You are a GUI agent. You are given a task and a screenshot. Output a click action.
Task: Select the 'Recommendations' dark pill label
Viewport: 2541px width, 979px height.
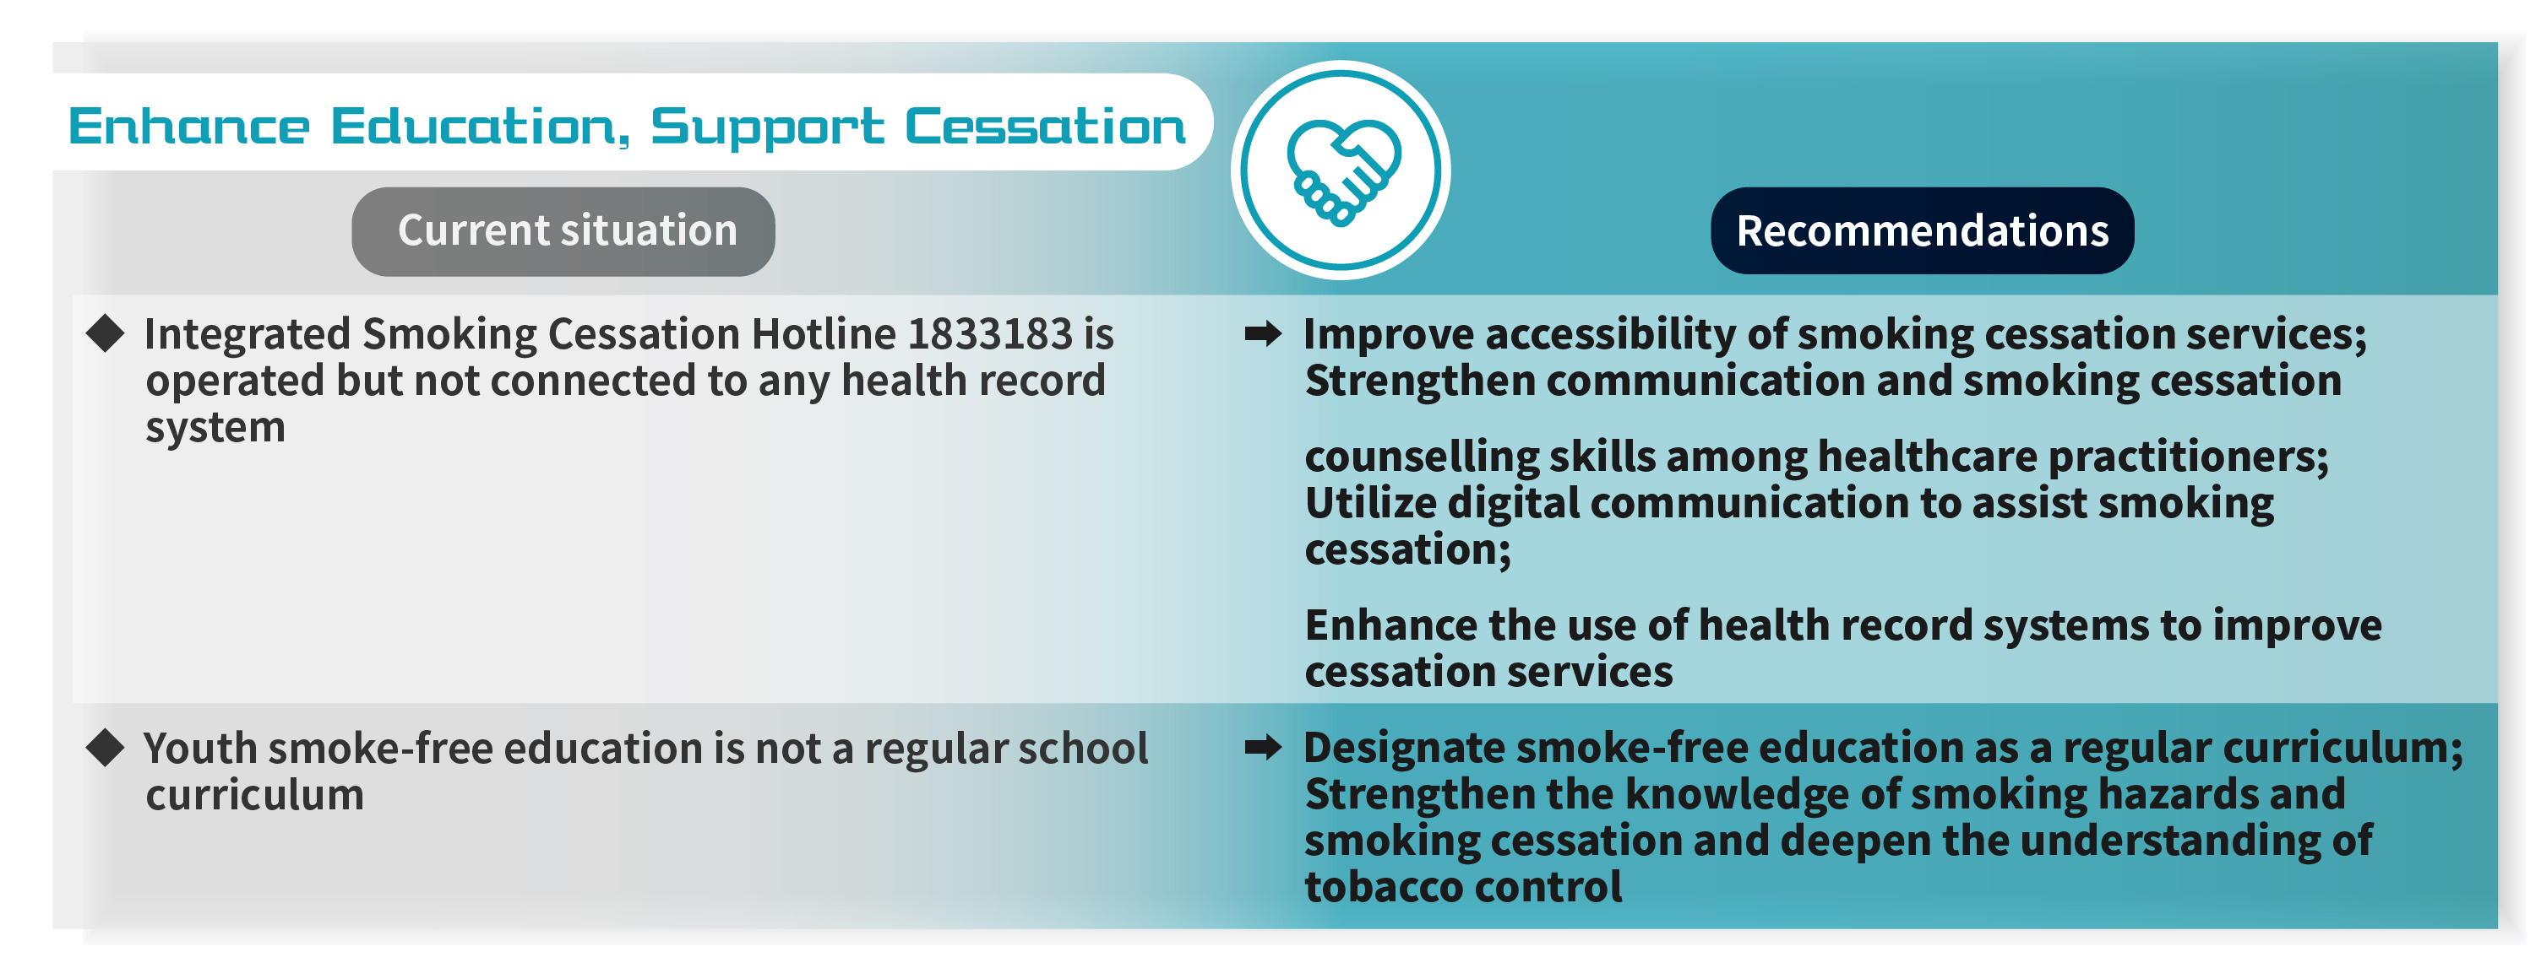(1922, 230)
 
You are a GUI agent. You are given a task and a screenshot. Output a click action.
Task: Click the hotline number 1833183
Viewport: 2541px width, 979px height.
(989, 334)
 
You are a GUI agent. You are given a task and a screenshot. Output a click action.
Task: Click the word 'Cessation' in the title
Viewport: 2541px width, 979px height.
(1046, 127)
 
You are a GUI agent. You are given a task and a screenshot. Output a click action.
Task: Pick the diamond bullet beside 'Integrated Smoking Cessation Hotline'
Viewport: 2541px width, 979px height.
(106, 334)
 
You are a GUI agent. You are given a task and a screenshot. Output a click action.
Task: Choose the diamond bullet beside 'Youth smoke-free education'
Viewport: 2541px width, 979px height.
(106, 749)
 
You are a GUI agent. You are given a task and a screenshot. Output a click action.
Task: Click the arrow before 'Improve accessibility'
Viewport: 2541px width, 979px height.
(1264, 334)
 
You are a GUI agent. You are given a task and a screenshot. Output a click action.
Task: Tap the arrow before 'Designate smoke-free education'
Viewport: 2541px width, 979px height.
(1264, 749)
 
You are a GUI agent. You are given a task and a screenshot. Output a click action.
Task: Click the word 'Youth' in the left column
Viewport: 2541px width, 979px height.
(200, 749)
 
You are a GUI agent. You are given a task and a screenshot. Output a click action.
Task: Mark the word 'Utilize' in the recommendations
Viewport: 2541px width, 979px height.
(1369, 503)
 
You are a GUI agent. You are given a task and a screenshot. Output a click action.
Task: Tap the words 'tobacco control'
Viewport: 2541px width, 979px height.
(1463, 887)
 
